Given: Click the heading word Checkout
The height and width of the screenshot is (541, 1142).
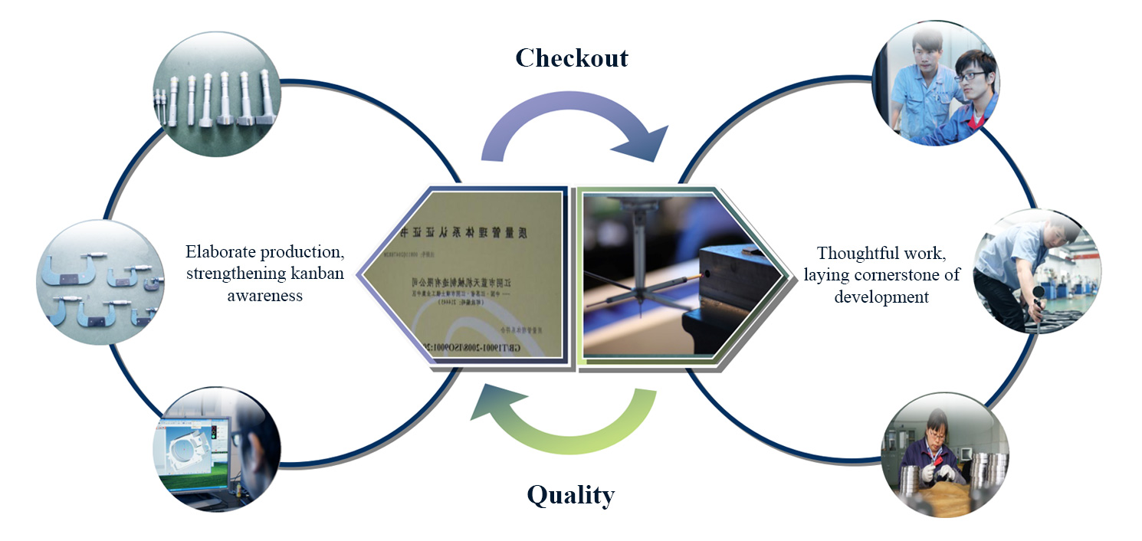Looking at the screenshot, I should coord(571,58).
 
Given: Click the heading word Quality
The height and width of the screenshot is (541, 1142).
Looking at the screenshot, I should coord(571,496).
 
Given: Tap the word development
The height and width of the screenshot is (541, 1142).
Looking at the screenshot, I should coord(881,297).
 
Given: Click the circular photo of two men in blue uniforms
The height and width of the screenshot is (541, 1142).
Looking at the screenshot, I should coord(934,84).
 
